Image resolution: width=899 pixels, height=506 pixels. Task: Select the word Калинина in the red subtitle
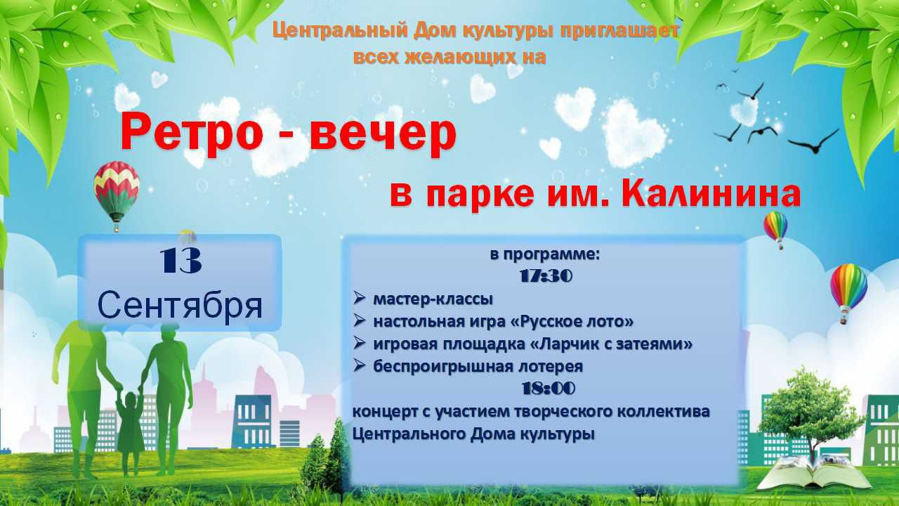[x=710, y=195]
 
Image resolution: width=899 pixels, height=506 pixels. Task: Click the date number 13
[x=181, y=261]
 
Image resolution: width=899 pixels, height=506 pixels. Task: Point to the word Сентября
[x=181, y=307]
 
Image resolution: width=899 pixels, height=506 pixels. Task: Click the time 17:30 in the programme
[x=546, y=276]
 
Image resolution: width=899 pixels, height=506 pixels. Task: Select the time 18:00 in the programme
[x=549, y=389]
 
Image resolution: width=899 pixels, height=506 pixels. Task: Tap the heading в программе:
[x=545, y=254]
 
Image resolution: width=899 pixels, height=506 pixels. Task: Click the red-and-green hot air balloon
[x=117, y=195]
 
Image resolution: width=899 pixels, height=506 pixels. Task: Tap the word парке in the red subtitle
[x=480, y=195]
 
